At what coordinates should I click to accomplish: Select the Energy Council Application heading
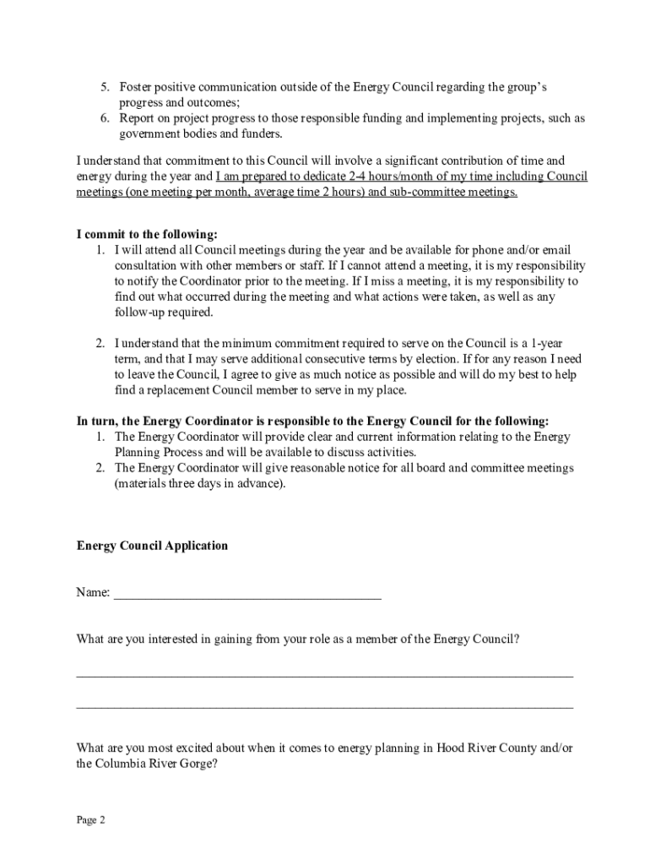tap(152, 546)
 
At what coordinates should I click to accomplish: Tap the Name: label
tap(93, 593)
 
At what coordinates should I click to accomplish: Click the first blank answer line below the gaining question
tap(324, 675)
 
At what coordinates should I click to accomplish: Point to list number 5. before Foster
tap(106, 87)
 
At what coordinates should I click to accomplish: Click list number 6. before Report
tap(106, 118)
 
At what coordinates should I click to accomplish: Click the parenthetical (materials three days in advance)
tap(200, 484)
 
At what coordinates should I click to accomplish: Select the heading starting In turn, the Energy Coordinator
tap(312, 421)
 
